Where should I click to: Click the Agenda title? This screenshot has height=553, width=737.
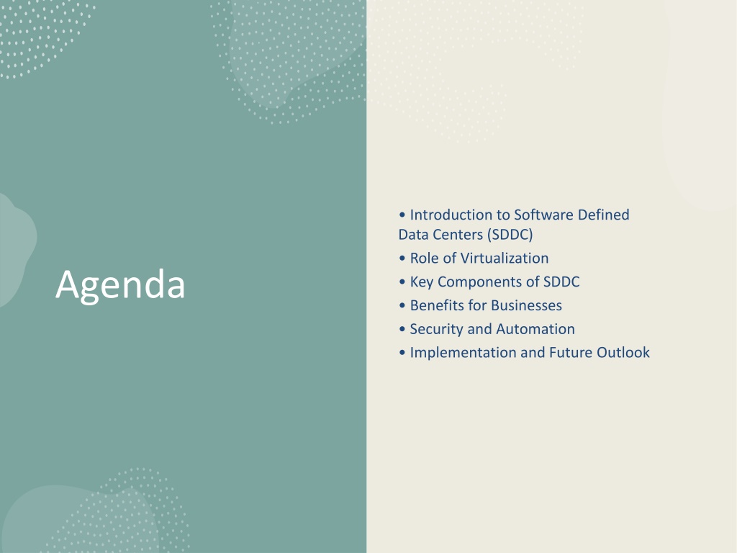point(120,285)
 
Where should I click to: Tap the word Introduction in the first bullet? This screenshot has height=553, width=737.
point(451,215)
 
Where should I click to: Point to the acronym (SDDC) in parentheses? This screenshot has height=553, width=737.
point(510,235)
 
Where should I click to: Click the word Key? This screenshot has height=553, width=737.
point(422,282)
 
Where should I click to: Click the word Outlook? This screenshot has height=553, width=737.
point(623,353)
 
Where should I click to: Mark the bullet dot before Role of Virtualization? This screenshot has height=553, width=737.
point(402,258)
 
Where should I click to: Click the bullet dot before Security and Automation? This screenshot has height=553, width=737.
point(402,329)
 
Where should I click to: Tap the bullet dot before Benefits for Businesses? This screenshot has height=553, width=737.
point(402,305)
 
